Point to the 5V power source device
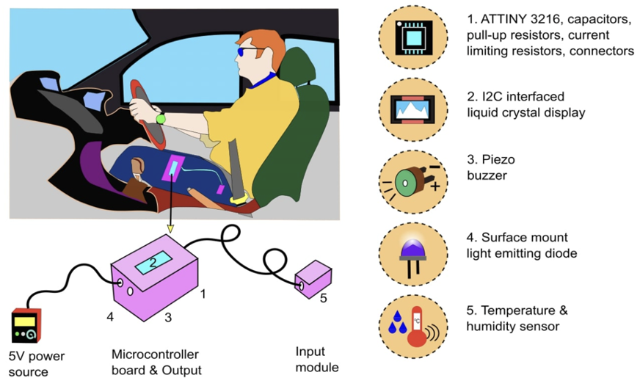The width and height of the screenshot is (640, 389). [26, 327]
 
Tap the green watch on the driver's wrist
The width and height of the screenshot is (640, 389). [161, 118]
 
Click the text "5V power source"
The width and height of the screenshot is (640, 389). [37, 364]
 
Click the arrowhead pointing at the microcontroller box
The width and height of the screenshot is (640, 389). [170, 229]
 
